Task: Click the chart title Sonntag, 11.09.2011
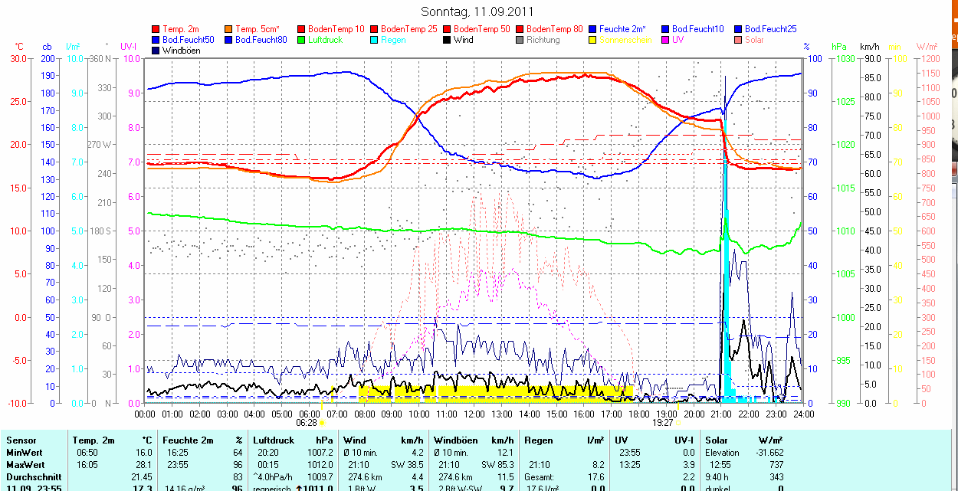477,11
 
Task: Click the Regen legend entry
393,40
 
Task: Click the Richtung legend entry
543,40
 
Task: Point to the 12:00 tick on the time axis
474,414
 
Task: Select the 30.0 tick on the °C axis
18,59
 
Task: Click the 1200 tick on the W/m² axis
930,59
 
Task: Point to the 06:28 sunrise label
307,422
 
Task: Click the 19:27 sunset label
663,422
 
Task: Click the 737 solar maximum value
776,465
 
